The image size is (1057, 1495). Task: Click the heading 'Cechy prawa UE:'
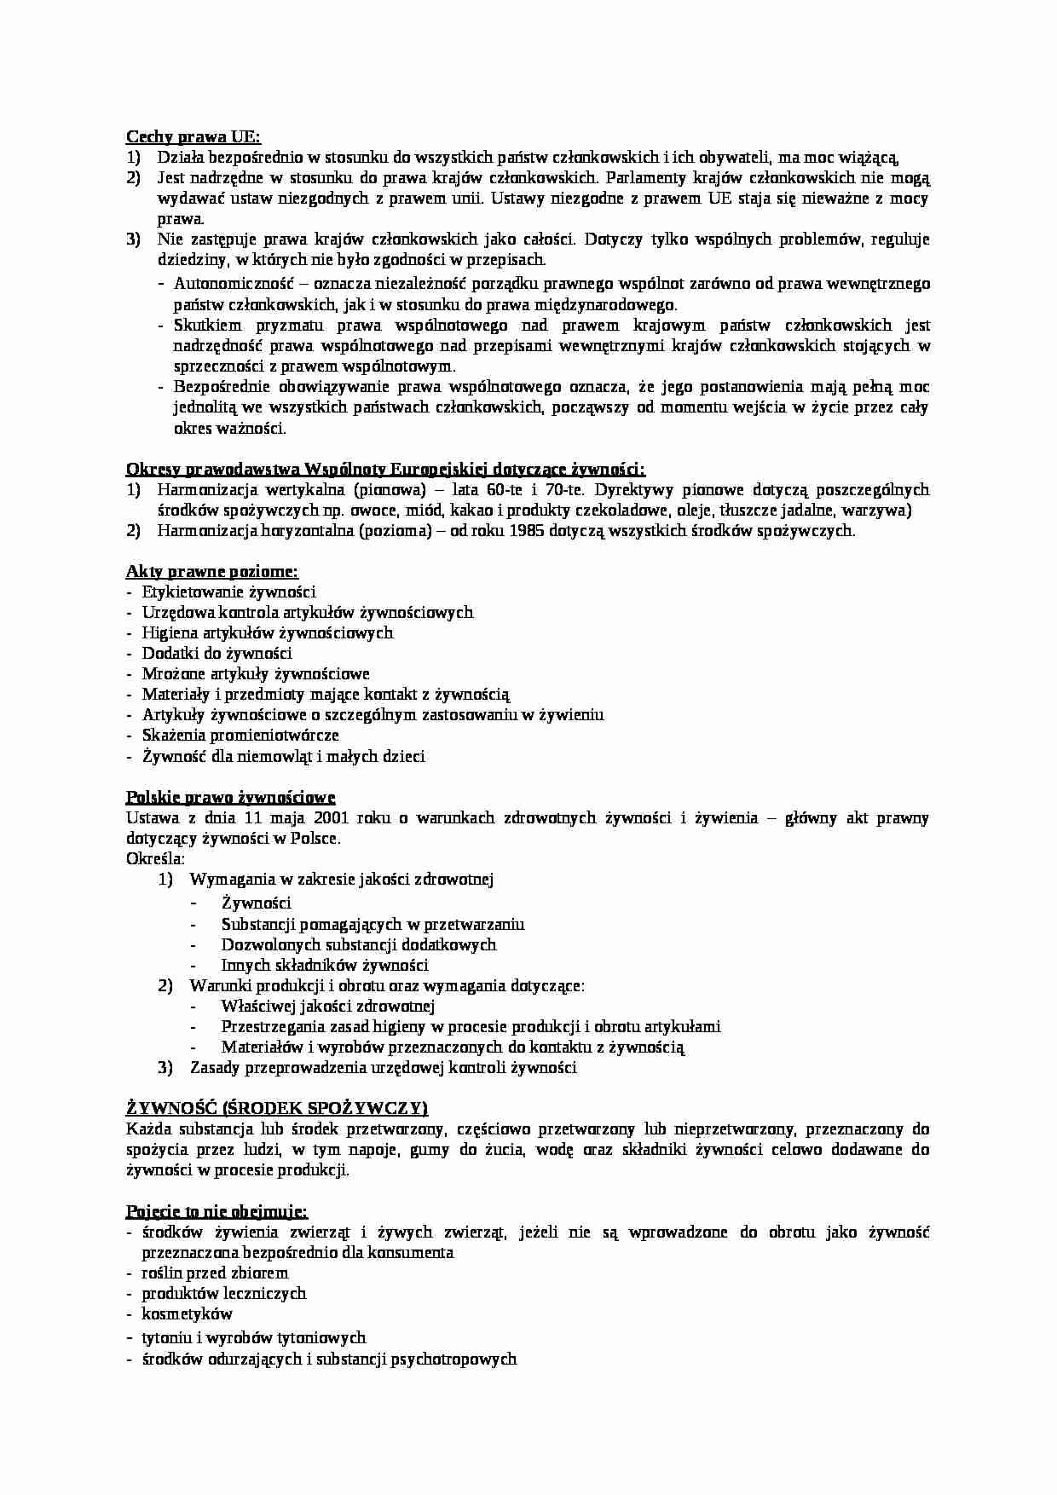[193, 136]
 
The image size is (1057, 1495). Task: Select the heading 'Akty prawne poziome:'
[212, 571]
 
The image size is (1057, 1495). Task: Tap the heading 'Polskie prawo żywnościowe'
[230, 797]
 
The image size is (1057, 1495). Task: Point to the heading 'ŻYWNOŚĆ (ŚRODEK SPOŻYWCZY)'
[277, 1108]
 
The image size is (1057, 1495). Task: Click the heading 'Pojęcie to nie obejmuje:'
[217, 1211]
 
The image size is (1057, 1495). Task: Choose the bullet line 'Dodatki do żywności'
[217, 653]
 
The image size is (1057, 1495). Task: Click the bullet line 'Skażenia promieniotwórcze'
[240, 735]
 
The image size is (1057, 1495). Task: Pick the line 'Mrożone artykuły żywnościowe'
[256, 673]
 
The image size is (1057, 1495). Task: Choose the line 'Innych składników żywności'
[325, 966]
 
